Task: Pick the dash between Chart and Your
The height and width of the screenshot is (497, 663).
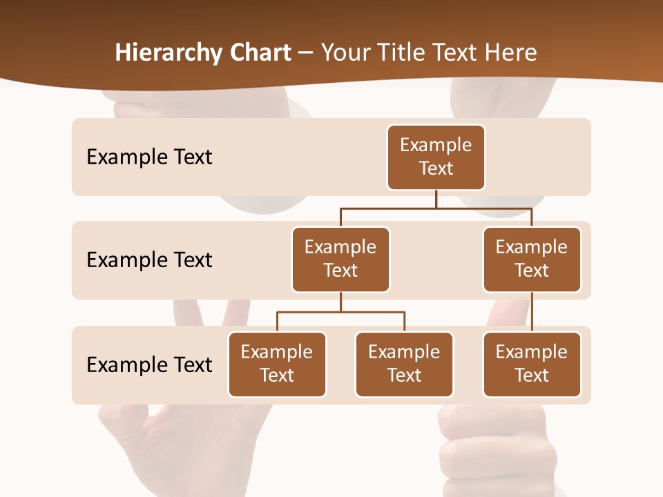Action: coord(306,54)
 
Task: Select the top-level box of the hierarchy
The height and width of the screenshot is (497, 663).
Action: coord(436,157)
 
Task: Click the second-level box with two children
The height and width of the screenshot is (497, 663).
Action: coord(340,259)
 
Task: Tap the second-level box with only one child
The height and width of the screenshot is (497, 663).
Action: coord(532,259)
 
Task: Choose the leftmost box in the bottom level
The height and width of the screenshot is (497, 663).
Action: coord(277,364)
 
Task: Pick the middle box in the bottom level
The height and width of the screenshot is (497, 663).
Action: coord(404,364)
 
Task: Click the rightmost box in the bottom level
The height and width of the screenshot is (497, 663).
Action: coord(532,364)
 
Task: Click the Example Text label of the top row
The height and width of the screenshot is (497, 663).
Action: coord(149,157)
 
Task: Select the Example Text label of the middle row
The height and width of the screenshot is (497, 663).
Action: coord(149,260)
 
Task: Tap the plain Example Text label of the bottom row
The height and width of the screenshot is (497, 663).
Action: coord(149,364)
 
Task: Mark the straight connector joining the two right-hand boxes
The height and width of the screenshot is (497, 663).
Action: coord(532,312)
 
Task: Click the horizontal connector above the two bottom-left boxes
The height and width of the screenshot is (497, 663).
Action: coord(340,312)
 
